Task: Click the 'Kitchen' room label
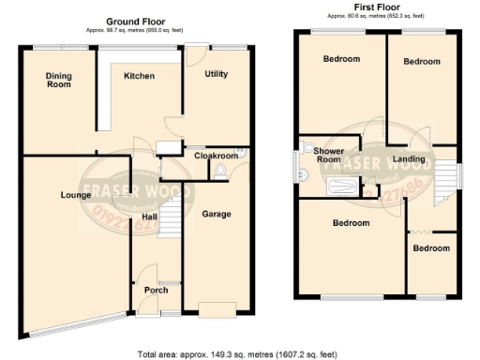point(139,76)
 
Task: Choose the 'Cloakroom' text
point(216,156)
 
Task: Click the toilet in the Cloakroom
point(219,171)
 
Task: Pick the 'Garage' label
point(217,214)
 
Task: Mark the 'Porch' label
point(155,290)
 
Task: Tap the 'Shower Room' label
point(328,155)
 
